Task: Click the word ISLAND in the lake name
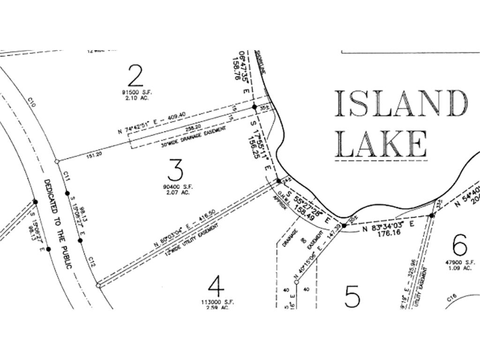point(401,104)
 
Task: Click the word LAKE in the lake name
point(382,143)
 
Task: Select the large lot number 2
point(135,75)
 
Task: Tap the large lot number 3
point(175,170)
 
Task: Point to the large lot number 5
point(352,296)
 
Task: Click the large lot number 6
point(460,244)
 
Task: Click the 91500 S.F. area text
point(135,93)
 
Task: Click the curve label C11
point(67,176)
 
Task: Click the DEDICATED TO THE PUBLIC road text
point(59,224)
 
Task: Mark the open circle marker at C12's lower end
point(98,285)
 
